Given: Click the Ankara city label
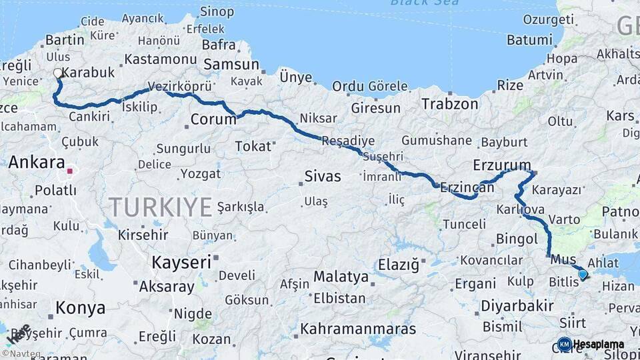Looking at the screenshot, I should pos(37,162).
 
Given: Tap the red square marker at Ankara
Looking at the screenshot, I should pos(69,171).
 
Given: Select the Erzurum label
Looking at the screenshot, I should pos(502,165).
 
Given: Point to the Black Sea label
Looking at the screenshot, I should pos(425,3).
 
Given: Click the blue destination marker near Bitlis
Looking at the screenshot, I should pos(583,274).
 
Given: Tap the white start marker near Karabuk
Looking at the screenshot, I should pos(57,74).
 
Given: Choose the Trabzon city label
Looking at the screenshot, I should pos(450,104).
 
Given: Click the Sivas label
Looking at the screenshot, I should pos(322,177).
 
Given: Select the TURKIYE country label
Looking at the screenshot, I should pos(161,207).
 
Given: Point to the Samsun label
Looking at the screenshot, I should pos(231,65).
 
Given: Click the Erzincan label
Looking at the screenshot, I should pos(467,188).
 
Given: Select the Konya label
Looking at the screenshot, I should pos(80,308).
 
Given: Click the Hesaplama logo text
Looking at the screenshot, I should pos(598,345).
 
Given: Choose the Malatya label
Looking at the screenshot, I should pos(341,276).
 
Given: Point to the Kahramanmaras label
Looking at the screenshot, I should pos(358,329).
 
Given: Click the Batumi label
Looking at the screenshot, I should pos(529,40).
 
